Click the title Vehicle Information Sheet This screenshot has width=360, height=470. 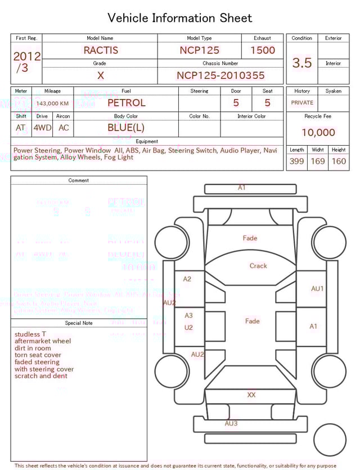click(179, 18)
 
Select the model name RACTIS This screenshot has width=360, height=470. click(101, 50)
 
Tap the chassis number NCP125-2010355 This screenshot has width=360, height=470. click(220, 75)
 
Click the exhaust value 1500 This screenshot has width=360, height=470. click(263, 50)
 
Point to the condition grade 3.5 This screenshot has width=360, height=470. click(302, 63)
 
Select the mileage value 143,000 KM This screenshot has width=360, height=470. click(52, 104)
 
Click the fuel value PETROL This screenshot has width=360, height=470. click(126, 103)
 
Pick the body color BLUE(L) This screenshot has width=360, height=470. click(126, 128)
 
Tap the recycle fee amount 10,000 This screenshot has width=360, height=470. click(318, 133)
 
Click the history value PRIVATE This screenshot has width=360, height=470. click(302, 103)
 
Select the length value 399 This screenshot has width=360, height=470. click(296, 162)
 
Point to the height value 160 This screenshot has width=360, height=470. click(339, 162)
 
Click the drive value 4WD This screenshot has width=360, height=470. click(42, 128)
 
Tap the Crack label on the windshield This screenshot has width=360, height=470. click(258, 266)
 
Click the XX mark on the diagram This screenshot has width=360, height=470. click(251, 395)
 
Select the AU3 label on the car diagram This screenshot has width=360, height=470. click(231, 423)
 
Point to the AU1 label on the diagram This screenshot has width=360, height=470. click(318, 289)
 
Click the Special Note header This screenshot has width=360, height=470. click(79, 323)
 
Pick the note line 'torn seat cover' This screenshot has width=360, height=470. click(38, 355)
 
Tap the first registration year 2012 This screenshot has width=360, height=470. click(26, 56)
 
